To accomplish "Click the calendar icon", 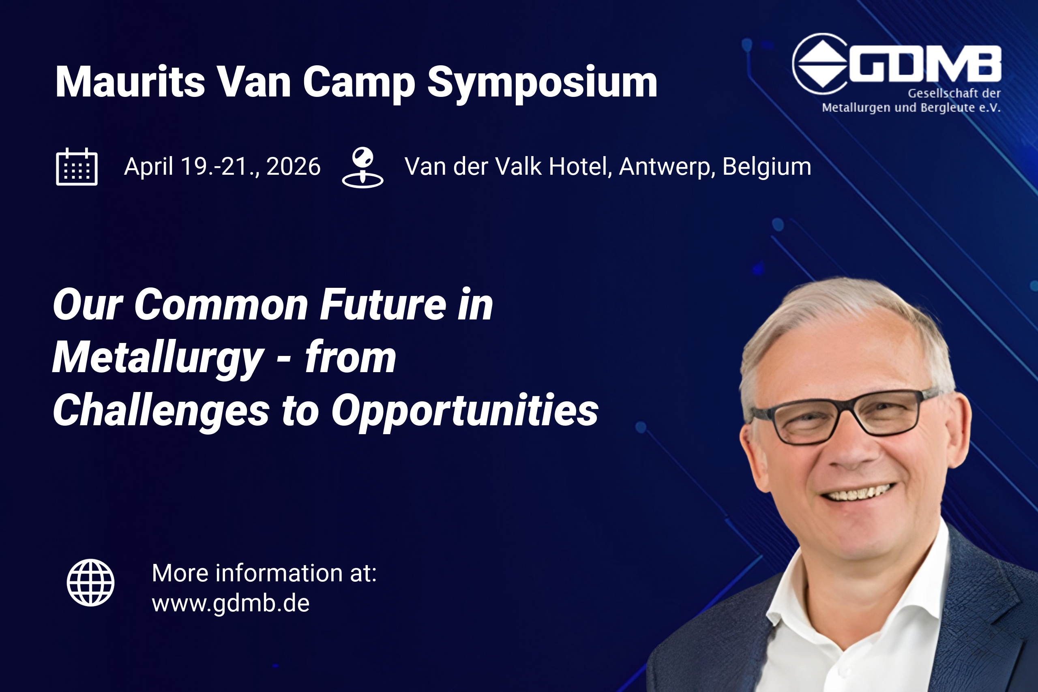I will coord(77,167).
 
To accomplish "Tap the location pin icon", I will coord(363,168).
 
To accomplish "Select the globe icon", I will coord(90,583).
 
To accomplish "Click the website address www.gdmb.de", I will coord(230,603).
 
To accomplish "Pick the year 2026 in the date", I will coord(293,167).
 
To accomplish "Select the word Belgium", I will coord(767,167).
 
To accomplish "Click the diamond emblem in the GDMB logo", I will coord(822,64).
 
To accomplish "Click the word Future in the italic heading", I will coord(383,304).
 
